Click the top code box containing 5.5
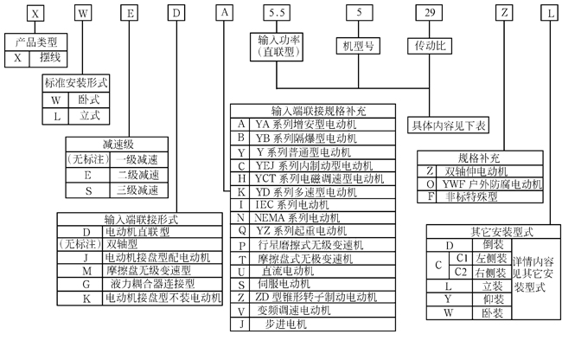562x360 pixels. pos(277,14)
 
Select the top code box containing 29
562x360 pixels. pos(431,14)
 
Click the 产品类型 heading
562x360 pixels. pos(35,42)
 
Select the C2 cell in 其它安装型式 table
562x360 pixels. pos(463,271)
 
